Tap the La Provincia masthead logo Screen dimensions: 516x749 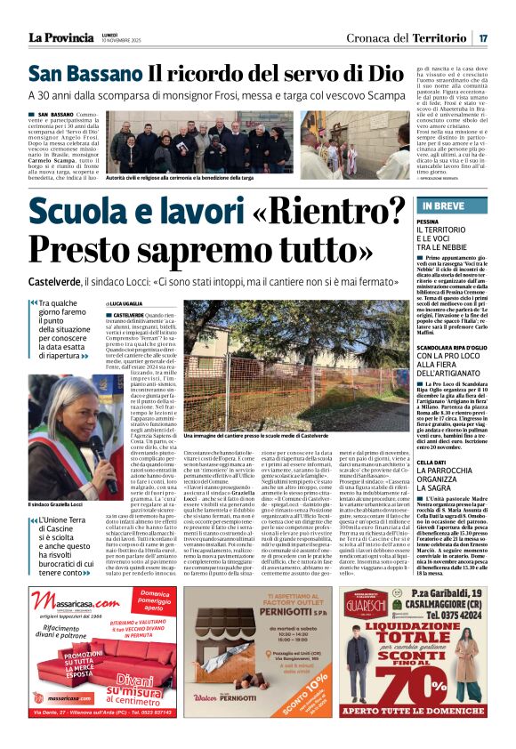click(60, 37)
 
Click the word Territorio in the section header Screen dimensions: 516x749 click(439, 37)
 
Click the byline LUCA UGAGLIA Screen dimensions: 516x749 click(133, 304)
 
